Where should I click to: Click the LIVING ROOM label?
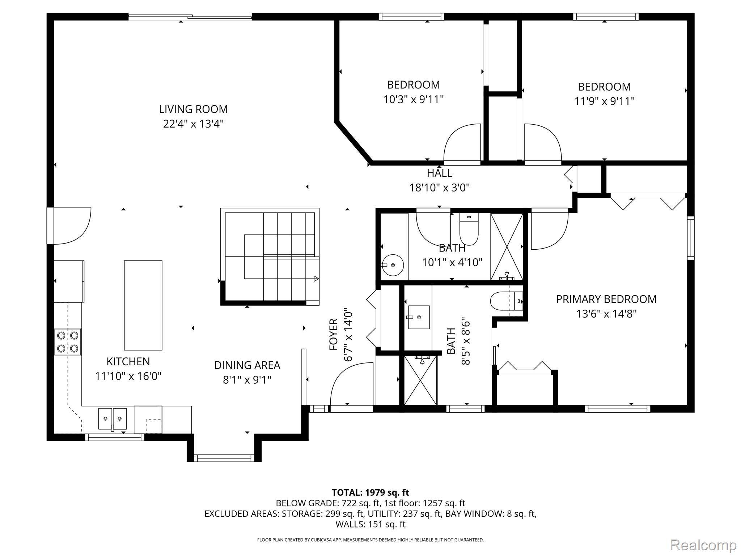(x=193, y=109)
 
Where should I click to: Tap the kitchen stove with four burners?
(x=68, y=342)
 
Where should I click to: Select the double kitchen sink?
(x=113, y=419)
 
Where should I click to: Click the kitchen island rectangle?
(x=143, y=305)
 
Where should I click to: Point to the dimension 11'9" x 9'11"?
(x=604, y=101)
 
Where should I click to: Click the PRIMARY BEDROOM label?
(x=606, y=299)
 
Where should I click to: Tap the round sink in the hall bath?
(x=393, y=265)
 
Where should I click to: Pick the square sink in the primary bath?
(x=419, y=317)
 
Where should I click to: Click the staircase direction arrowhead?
(x=316, y=279)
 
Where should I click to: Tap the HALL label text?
(x=439, y=173)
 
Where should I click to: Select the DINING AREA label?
(x=247, y=365)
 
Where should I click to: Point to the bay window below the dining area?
(x=224, y=458)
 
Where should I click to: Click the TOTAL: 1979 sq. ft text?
(x=370, y=492)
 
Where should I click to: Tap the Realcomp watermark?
(x=703, y=545)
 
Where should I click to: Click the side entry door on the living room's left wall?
(x=71, y=226)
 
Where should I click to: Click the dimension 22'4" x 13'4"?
(x=193, y=124)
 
